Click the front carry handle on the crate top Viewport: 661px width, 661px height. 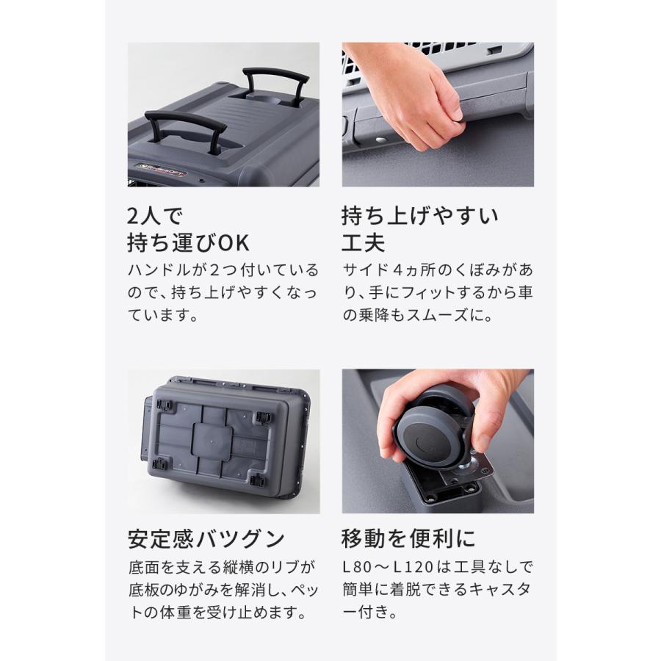[x=185, y=120]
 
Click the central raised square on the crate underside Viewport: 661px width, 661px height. [x=214, y=439]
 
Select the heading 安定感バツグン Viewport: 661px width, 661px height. [x=206, y=539]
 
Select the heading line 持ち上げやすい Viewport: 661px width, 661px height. [x=420, y=216]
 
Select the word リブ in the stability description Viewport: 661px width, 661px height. [x=282, y=566]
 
